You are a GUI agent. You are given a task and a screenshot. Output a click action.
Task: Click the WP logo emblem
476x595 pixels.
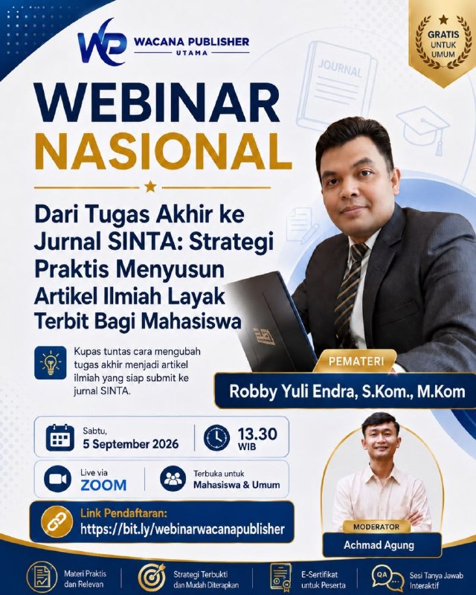click(x=102, y=42)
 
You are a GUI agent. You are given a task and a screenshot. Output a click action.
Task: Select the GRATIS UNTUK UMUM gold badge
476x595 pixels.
click(x=443, y=41)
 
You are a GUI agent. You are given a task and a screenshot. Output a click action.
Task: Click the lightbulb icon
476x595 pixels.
click(x=50, y=363)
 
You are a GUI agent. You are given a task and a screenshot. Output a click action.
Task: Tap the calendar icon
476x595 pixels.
click(x=60, y=437)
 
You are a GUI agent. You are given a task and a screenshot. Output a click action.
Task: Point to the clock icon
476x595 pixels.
click(x=216, y=438)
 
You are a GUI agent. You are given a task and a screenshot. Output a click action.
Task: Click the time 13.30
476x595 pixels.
click(x=257, y=434)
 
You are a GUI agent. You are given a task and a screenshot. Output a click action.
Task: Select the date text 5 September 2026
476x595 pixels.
click(x=131, y=444)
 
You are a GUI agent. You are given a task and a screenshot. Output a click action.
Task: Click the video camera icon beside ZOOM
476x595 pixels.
click(x=58, y=479)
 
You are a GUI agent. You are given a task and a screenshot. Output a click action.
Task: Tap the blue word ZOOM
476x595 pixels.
click(x=103, y=485)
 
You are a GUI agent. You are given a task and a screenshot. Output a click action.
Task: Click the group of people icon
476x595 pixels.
click(x=173, y=479)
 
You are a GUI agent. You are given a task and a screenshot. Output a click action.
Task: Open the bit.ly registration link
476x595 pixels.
click(x=182, y=529)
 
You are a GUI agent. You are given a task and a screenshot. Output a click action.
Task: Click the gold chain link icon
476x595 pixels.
click(x=57, y=522)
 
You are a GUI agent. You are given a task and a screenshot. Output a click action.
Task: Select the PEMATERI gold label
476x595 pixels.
click(x=356, y=361)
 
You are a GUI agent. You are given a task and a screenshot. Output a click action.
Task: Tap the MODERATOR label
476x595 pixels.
click(x=376, y=527)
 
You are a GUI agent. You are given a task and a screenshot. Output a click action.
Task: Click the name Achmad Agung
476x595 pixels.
click(x=379, y=545)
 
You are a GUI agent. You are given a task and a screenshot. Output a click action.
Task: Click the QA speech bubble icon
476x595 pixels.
click(x=387, y=578)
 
